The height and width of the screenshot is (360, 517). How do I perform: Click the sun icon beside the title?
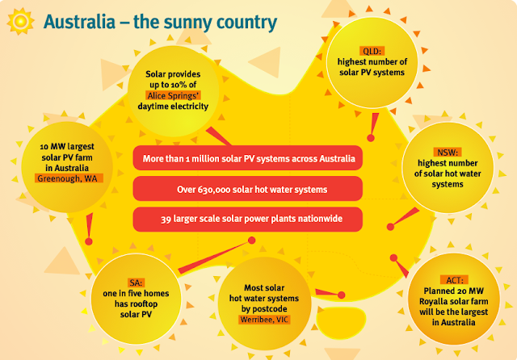[20, 21]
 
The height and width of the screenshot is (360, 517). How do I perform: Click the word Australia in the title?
[79, 22]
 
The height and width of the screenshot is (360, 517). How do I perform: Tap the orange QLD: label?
[372, 51]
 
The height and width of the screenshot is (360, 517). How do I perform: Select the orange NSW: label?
[448, 153]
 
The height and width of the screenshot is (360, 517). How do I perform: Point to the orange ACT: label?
[454, 280]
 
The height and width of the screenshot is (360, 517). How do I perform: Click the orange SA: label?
[136, 283]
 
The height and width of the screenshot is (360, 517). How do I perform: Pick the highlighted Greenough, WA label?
[69, 178]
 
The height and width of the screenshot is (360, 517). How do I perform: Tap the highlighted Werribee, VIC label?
[265, 320]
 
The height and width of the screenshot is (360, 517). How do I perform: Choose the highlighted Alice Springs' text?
[173, 95]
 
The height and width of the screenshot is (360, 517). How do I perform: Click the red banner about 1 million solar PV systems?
[248, 158]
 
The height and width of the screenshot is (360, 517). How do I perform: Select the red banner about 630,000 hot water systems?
[248, 189]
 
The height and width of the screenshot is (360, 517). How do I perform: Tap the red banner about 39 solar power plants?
[248, 220]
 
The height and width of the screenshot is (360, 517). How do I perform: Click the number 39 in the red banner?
[166, 220]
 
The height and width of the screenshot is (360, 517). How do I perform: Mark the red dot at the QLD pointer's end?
[371, 138]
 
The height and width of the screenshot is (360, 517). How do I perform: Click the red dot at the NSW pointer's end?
[390, 227]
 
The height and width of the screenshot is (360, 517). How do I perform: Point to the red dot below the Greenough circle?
[89, 241]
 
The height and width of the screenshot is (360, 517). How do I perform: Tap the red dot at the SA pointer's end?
[251, 240]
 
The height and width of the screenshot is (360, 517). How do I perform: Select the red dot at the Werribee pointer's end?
[342, 295]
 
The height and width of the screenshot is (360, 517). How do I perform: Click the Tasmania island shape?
[341, 322]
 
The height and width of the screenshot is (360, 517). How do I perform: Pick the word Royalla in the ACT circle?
[433, 302]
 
